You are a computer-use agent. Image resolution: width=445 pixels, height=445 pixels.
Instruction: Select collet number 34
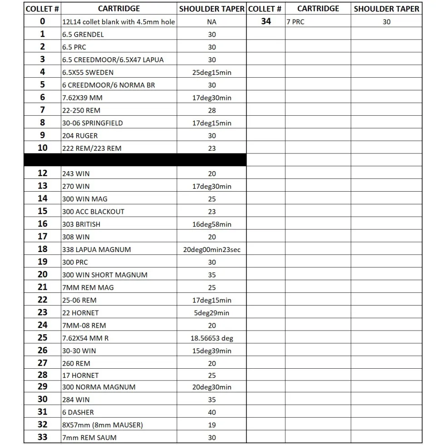click(266, 21)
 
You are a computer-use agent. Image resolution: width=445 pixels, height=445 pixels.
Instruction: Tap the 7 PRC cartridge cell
click(295, 22)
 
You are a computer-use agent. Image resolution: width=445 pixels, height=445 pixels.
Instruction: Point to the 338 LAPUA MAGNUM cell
click(96, 249)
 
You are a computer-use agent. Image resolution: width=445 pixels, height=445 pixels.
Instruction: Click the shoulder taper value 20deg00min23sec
click(212, 249)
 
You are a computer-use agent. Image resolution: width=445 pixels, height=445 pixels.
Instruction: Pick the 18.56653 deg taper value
click(212, 338)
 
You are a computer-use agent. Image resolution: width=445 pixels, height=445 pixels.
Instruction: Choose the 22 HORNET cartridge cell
click(80, 313)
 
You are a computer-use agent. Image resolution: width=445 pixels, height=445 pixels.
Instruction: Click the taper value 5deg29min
click(212, 313)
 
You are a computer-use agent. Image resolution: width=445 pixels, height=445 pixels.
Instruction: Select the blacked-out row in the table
click(135, 160)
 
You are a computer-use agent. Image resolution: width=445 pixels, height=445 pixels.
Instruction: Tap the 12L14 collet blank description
click(119, 22)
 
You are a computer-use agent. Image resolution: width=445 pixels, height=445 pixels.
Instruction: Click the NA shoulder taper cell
click(212, 22)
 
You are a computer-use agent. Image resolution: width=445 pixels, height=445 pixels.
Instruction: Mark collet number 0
click(42, 21)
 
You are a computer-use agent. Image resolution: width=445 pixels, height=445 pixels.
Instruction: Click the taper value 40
click(212, 412)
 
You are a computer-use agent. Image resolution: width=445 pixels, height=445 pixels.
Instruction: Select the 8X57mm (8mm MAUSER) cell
click(102, 425)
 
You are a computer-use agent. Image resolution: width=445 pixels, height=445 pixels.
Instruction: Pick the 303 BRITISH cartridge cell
click(81, 224)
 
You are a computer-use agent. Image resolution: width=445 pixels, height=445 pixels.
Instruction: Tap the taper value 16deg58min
click(212, 224)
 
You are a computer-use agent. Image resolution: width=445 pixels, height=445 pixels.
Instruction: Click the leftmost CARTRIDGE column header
click(119, 9)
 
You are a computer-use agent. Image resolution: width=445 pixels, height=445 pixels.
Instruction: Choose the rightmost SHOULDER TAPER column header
click(386, 9)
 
